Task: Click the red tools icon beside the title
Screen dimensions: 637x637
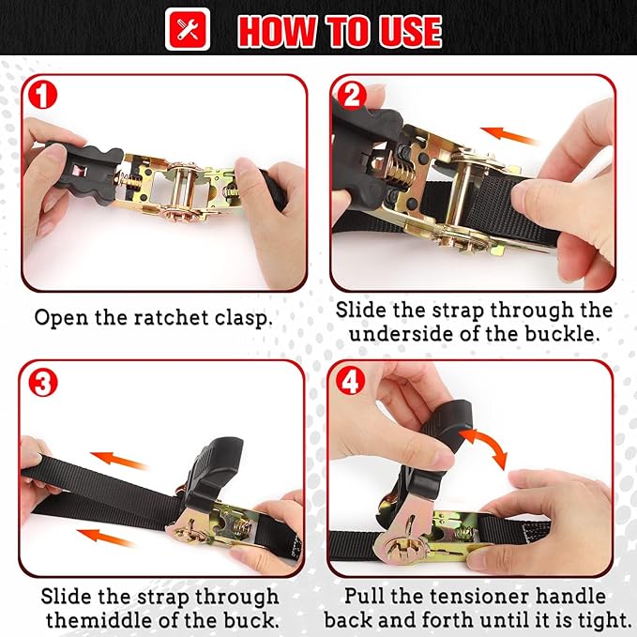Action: click(x=188, y=30)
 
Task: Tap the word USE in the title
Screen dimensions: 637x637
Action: click(x=404, y=31)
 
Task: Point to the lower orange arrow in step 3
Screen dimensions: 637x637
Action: click(x=107, y=536)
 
